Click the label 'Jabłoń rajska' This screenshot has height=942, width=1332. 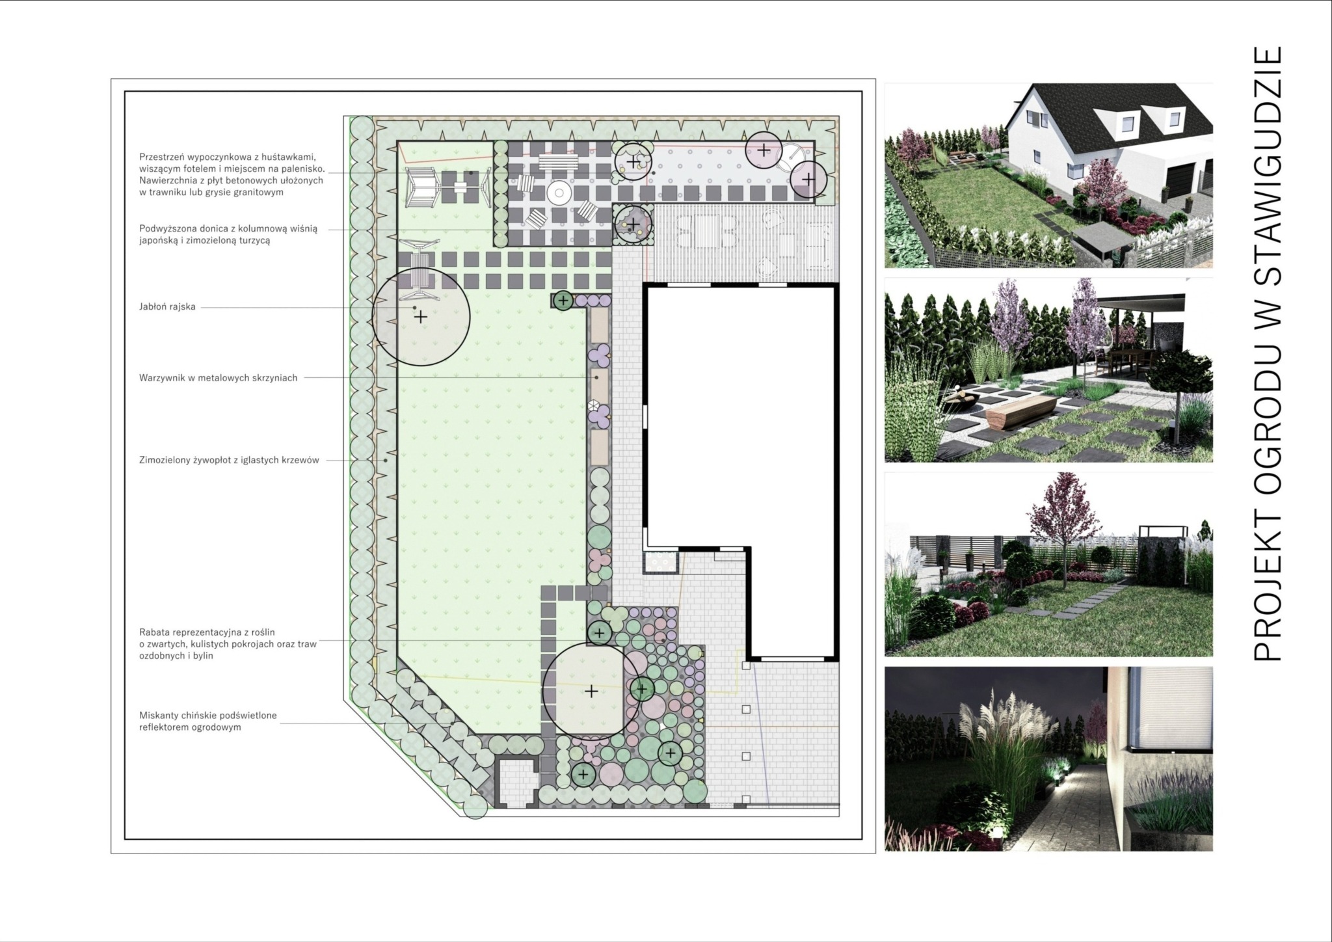pos(167,306)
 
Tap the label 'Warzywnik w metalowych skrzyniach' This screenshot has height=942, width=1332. pos(218,377)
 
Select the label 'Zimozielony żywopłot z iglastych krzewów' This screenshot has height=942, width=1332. pos(229,460)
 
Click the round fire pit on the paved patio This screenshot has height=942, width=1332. pos(557,193)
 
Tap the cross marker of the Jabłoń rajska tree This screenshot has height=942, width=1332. pos(421,317)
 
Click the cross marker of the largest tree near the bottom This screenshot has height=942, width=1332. pos(591,691)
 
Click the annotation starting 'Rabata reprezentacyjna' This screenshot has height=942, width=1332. pos(228,643)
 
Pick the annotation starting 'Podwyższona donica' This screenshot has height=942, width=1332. pos(228,234)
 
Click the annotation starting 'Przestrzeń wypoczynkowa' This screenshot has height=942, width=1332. pos(231,174)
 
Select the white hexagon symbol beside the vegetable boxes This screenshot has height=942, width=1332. pos(593,405)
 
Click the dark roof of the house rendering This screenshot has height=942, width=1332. pos(1106,114)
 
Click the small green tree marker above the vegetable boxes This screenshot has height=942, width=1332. pos(564,301)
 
